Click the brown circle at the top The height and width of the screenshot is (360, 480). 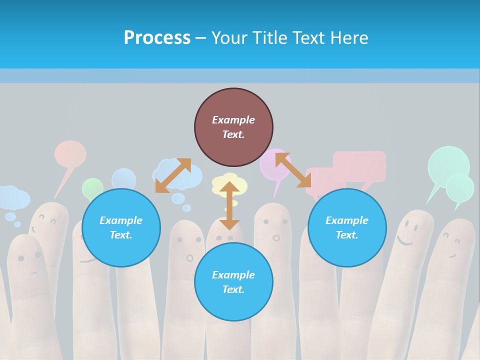[x=233, y=127]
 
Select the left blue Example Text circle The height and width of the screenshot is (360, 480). [x=121, y=228]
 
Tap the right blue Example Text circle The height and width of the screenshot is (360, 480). [x=347, y=228]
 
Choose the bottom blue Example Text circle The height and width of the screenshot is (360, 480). [x=233, y=282]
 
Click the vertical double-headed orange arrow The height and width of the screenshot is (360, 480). [x=229, y=205]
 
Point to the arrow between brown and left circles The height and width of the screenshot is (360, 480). [x=173, y=175]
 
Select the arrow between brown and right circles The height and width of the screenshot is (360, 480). [x=293, y=170]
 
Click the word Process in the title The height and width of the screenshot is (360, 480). [x=157, y=38]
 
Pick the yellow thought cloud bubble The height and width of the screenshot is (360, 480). [x=229, y=184]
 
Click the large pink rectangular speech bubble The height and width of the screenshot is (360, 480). [x=359, y=166]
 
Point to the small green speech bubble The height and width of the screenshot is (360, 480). [x=92, y=188]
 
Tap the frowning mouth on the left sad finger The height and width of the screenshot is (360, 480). [x=33, y=272]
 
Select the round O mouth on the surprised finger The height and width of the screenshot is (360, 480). [x=189, y=258]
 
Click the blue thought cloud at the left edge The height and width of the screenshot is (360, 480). [x=13, y=198]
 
